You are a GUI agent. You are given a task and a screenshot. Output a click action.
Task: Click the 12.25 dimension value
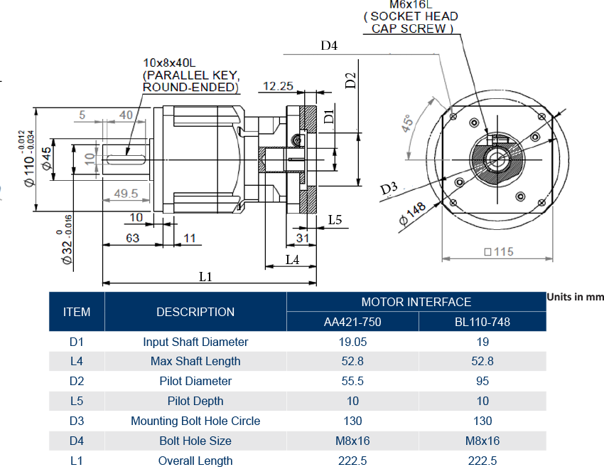coord(278,86)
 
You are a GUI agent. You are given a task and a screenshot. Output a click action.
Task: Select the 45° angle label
coord(408,128)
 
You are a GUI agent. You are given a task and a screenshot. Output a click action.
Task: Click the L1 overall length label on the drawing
coord(205,276)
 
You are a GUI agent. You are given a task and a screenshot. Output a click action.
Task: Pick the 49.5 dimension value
coord(126,193)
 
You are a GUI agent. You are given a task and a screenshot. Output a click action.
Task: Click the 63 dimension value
coord(133,238)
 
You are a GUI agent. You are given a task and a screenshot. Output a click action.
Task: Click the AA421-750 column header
coord(352,322)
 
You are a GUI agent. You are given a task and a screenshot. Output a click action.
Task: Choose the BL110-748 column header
coord(482,322)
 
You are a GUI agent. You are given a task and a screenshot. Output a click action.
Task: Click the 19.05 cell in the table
coord(352,342)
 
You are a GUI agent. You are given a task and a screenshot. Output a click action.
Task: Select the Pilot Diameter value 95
coord(482,381)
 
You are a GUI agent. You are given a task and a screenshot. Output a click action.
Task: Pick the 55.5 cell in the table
coord(352,381)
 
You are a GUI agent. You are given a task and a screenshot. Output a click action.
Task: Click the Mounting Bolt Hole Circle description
coord(195,421)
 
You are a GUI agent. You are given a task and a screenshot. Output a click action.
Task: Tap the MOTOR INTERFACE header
coord(416,302)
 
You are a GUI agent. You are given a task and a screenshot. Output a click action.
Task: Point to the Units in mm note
coord(575,296)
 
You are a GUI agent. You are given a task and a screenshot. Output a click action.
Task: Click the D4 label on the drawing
coord(329,46)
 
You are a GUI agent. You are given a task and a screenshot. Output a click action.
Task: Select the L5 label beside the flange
coord(335,221)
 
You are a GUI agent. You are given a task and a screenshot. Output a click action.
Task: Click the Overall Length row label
coord(195,461)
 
